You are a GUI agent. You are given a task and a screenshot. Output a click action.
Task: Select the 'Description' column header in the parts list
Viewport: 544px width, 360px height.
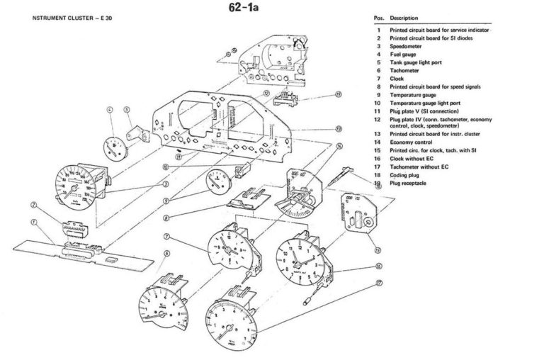click(404, 17)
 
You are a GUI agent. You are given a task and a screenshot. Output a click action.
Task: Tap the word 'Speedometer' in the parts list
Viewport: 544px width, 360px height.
click(407, 46)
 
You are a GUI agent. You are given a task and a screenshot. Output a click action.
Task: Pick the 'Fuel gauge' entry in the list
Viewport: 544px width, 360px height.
click(403, 54)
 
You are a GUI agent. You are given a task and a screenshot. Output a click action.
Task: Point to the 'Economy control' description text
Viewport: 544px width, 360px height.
click(412, 142)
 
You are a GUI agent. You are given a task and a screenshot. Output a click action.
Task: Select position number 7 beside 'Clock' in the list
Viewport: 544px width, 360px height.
click(379, 78)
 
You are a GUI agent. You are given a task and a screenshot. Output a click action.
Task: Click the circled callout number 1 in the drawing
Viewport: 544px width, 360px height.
click(33, 221)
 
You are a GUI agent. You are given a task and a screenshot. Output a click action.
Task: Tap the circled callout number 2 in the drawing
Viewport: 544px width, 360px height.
click(33, 206)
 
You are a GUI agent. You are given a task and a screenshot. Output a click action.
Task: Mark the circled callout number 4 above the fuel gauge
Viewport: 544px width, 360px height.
click(110, 110)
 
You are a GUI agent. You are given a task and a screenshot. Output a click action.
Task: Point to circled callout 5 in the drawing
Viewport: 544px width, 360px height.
click(127, 110)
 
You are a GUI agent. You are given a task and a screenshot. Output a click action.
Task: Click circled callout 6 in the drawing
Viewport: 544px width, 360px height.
click(166, 253)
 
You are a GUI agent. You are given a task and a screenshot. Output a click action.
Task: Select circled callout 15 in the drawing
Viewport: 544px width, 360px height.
click(378, 250)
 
